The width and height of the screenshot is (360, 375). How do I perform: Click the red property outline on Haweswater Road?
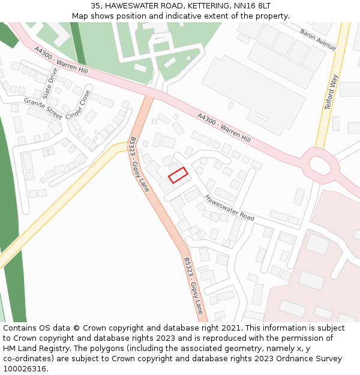(x=178, y=175)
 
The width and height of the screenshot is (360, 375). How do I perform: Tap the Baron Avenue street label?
(x=318, y=39)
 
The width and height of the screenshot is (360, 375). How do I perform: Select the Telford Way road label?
(x=331, y=92)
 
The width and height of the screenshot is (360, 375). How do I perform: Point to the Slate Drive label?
(x=50, y=83)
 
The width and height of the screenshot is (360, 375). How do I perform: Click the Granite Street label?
(x=43, y=108)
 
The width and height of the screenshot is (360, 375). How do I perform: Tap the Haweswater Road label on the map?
(x=229, y=207)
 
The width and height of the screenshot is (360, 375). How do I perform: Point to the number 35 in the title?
(x=96, y=5)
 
